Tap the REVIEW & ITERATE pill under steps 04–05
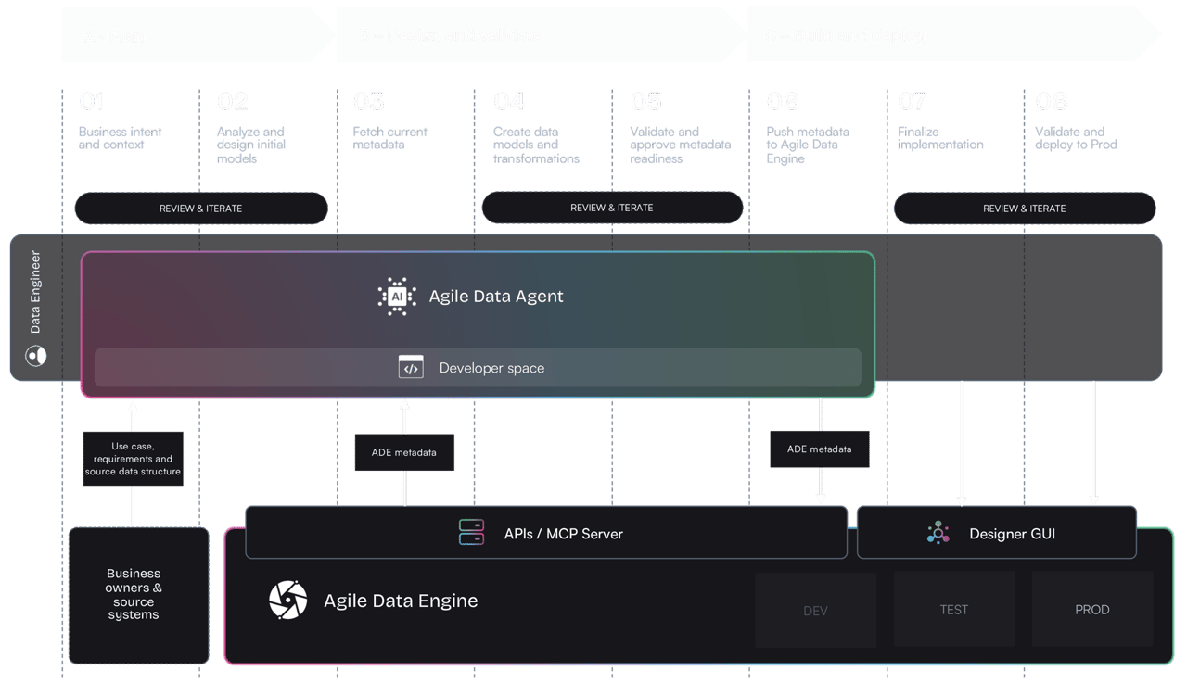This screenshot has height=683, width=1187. coord(612,209)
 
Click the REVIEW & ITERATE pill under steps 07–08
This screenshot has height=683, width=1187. coord(1025,209)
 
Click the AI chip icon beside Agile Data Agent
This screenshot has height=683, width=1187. coord(397,297)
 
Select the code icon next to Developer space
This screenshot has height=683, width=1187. coord(411,367)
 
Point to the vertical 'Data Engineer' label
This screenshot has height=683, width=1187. coord(35,291)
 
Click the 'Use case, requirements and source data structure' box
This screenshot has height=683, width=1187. coord(133,459)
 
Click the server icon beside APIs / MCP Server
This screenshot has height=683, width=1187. coord(471,533)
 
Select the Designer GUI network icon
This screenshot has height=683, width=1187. coord(938,533)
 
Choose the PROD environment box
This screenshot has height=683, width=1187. coord(1091,610)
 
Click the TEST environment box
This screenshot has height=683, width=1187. coord(953,610)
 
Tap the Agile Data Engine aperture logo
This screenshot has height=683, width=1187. coord(287,601)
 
